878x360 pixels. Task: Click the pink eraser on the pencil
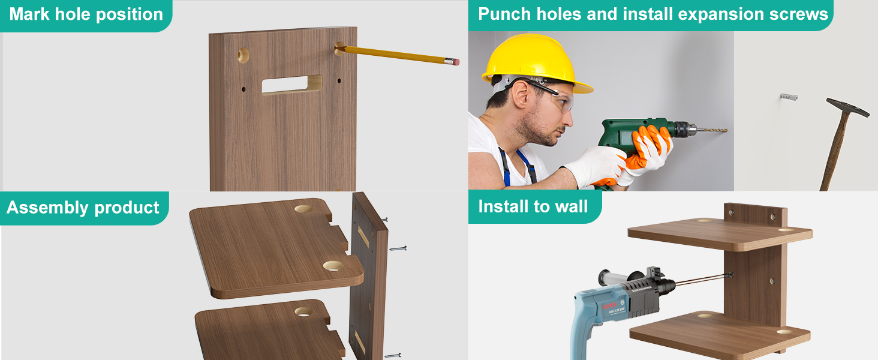(456, 62)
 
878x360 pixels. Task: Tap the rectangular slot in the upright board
(291, 85)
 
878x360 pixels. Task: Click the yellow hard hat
(536, 63)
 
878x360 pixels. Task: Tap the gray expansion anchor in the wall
(789, 97)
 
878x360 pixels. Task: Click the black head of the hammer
(847, 107)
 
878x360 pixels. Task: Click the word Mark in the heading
(30, 14)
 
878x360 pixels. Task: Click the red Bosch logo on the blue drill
(609, 306)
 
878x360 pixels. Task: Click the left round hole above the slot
(243, 56)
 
